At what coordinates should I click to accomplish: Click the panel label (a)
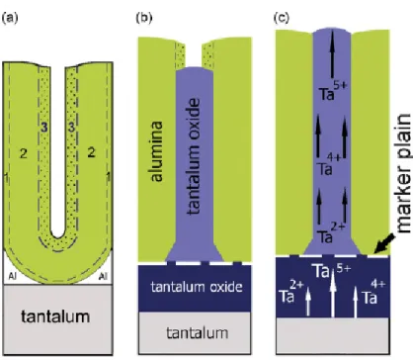coord(10,18)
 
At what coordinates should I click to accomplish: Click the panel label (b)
coord(144,18)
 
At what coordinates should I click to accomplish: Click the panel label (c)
coord(282,18)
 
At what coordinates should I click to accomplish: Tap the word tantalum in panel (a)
coord(55,316)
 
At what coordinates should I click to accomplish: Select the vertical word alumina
coord(157,151)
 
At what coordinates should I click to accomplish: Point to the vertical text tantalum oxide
coord(194,156)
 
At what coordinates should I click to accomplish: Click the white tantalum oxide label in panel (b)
coord(197,287)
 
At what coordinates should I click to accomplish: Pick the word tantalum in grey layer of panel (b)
coord(197,333)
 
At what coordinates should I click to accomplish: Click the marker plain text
coord(403,173)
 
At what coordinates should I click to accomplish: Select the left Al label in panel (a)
coord(12,276)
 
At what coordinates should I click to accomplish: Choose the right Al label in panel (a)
coord(103,276)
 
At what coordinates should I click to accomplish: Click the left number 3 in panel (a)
coord(44,127)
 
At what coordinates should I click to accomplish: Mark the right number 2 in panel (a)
coord(91,152)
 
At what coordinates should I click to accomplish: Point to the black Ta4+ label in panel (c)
coord(330,165)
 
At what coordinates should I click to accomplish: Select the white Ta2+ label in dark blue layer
coord(291,292)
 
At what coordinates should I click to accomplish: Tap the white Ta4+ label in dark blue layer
coord(373,293)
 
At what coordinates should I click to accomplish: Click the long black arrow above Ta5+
coord(332,53)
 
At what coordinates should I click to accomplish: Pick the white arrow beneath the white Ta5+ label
coord(333,294)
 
